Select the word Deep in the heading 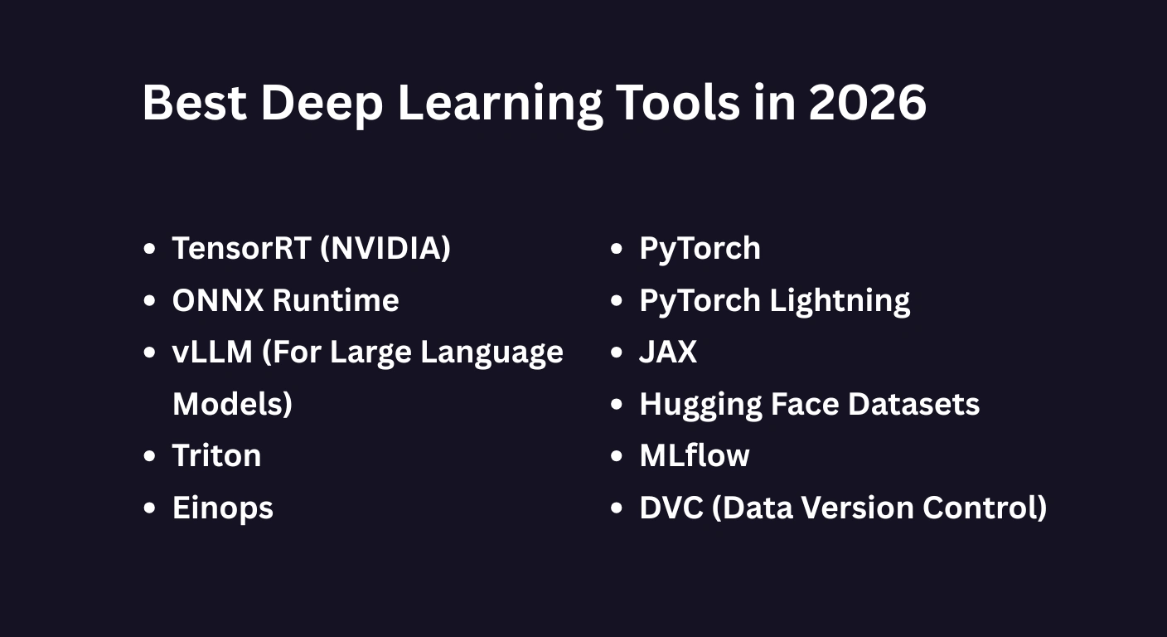point(322,103)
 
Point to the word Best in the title point(194,103)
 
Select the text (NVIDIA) point(385,248)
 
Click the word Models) point(232,404)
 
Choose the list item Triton point(216,455)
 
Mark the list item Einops point(222,508)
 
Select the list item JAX point(668,352)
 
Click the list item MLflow point(695,455)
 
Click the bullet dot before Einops point(149,508)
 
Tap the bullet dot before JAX point(616,352)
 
